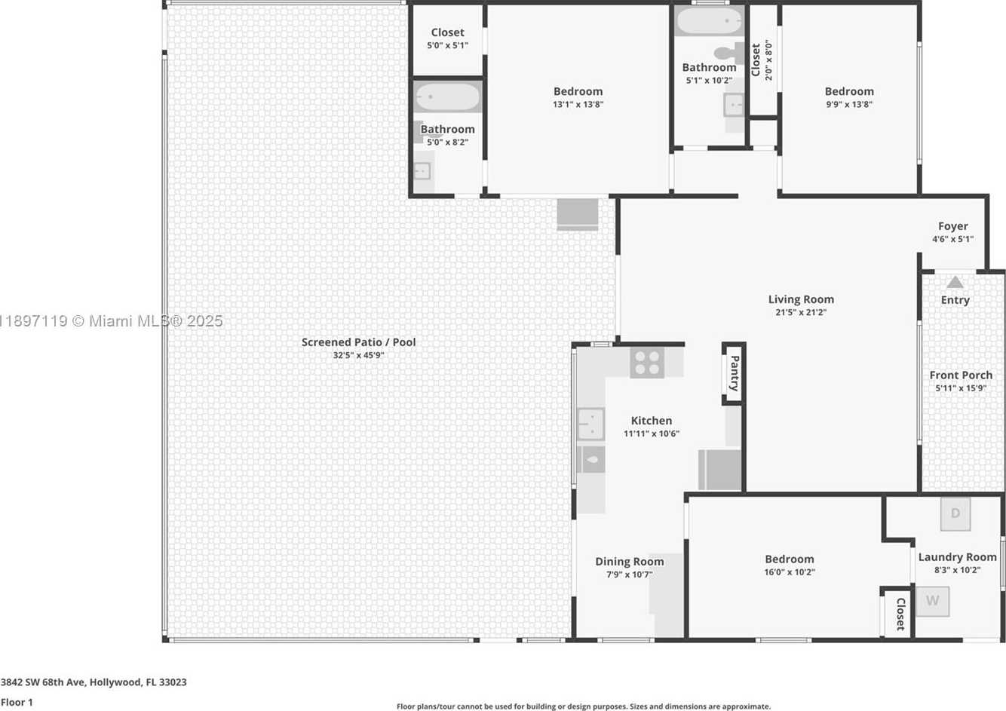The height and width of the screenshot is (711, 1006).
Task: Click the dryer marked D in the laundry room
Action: point(955,513)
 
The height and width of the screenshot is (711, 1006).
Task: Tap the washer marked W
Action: point(932,601)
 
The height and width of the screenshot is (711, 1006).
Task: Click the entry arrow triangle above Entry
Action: point(955,282)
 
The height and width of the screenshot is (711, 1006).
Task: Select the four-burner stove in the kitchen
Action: point(647,363)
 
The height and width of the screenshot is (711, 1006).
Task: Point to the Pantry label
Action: point(735,373)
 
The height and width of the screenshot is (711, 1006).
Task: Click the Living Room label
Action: point(801,299)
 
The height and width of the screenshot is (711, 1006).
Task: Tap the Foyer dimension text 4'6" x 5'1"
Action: point(952,239)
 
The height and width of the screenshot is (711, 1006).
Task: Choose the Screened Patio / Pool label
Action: point(358,342)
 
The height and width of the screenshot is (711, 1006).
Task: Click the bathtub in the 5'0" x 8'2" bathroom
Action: point(447,97)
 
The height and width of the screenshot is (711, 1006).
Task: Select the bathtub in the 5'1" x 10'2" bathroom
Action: point(709,20)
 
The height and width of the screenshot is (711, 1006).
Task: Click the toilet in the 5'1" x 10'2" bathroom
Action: point(729,54)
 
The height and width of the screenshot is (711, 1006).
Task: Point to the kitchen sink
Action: point(590,424)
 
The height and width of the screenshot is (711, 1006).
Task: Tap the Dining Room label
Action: point(629,562)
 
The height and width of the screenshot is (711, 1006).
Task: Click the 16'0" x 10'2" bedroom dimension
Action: point(789,572)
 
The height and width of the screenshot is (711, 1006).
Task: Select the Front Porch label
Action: point(961,375)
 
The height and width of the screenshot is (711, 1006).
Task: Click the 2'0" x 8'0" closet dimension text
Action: point(768,60)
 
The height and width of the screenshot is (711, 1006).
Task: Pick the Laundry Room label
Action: point(957,557)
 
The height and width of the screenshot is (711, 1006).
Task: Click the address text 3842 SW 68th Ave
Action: point(43,682)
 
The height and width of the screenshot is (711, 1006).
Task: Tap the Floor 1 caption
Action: point(17,702)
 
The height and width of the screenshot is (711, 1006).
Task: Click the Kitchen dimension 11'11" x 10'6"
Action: point(652,434)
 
